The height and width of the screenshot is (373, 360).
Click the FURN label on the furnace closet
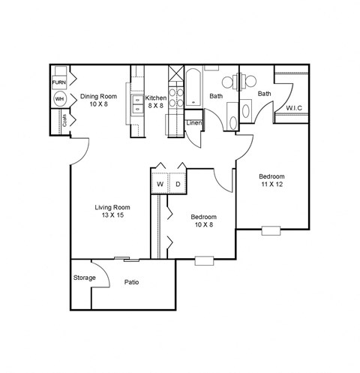[x=59, y=81]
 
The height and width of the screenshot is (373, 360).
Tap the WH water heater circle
[x=59, y=98]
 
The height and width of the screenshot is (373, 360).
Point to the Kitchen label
[x=156, y=98]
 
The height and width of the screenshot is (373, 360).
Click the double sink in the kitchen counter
[x=137, y=105]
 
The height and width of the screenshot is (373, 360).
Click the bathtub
[x=193, y=86]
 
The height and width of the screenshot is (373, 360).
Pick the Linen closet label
[x=193, y=122]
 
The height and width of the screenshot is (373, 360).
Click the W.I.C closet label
[x=294, y=107]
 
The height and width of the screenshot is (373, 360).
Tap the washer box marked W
[x=160, y=183]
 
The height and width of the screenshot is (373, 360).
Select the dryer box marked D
[x=178, y=183]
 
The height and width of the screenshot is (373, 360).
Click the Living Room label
[x=112, y=207]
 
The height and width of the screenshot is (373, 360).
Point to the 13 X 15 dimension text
[x=112, y=216]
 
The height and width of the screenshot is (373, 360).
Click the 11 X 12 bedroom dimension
[x=272, y=185]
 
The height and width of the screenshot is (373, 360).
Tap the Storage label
[x=84, y=278]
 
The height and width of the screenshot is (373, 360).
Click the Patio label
[x=132, y=282]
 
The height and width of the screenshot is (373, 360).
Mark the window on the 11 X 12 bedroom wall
[x=271, y=229]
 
